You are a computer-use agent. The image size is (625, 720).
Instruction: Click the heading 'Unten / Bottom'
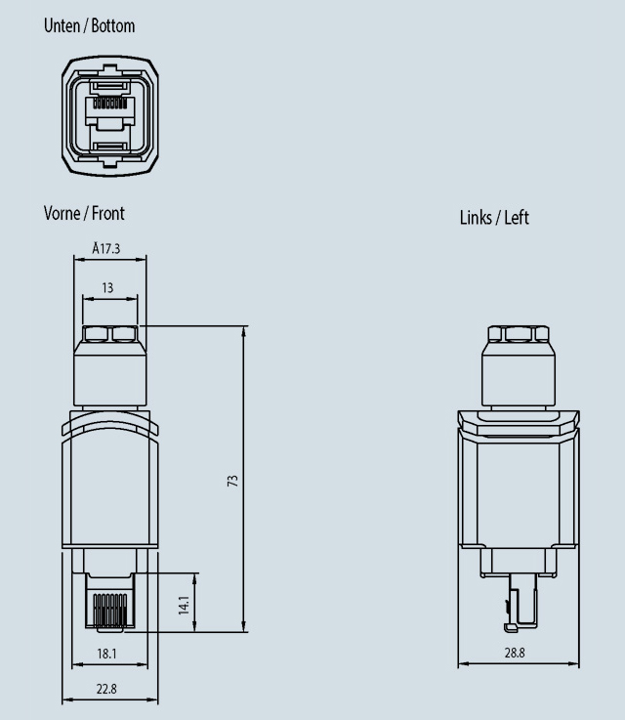coord(89,26)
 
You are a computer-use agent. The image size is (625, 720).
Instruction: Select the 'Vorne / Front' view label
coord(84,213)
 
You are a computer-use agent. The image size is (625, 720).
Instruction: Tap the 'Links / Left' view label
coord(494,217)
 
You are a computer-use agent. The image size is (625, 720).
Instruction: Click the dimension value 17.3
coord(109,249)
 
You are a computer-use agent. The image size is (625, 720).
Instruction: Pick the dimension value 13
coord(107,288)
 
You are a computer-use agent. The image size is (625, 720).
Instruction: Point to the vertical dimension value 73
coord(233,482)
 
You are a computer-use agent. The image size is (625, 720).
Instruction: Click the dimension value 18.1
coord(107,654)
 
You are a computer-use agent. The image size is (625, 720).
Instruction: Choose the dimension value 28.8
coord(515,654)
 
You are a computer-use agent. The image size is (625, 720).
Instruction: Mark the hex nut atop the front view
coord(109,335)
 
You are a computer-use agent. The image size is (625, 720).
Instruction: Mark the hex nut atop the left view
coord(519,335)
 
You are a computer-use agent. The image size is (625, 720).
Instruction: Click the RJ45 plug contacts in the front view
coord(109,612)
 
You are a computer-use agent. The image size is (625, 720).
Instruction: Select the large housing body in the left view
coord(519,488)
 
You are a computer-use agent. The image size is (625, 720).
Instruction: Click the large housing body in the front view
coord(109,484)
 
